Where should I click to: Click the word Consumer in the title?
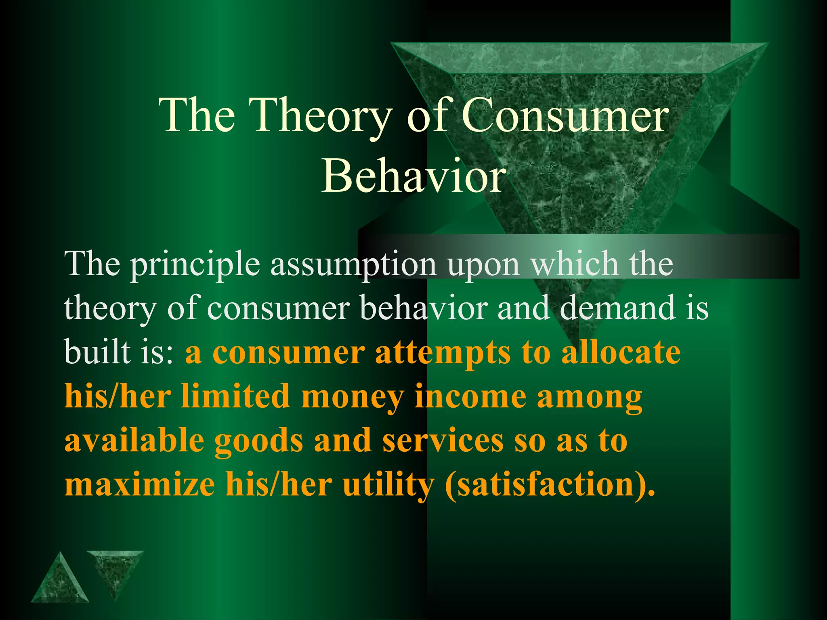click(565, 116)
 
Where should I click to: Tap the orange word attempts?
click(443, 354)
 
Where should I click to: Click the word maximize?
click(140, 484)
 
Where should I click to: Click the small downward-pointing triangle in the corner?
click(115, 569)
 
